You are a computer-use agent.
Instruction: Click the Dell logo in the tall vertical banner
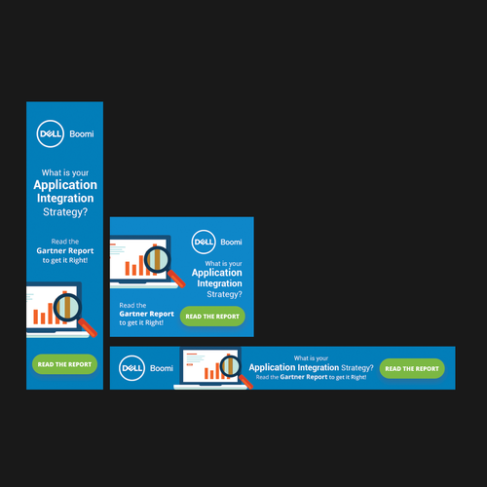pos(50,133)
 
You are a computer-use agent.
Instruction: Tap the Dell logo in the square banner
pos(204,242)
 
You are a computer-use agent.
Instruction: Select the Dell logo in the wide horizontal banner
pos(131,368)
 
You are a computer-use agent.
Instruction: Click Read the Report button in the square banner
pos(212,317)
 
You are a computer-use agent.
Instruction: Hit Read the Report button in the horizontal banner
pos(412,368)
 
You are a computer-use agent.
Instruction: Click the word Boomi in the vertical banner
pos(82,133)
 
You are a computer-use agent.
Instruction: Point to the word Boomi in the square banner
pos(231,242)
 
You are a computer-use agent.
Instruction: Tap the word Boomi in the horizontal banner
pos(162,368)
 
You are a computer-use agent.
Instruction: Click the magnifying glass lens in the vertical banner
pos(67,307)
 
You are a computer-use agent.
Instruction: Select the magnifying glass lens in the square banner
pos(158,259)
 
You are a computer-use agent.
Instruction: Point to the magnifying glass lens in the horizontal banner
pos(231,366)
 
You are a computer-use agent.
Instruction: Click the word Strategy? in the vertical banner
pos(65,212)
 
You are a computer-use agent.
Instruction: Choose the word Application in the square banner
pos(217,273)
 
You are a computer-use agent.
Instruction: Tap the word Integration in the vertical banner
pos(65,198)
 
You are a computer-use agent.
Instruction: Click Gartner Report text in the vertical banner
pos(65,250)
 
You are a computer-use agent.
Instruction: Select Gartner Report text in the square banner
pos(146,314)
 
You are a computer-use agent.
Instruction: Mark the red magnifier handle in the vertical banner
pos(88,327)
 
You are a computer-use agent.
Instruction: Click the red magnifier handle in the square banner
pos(176,279)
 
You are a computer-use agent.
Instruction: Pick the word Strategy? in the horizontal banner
pos(357,368)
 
